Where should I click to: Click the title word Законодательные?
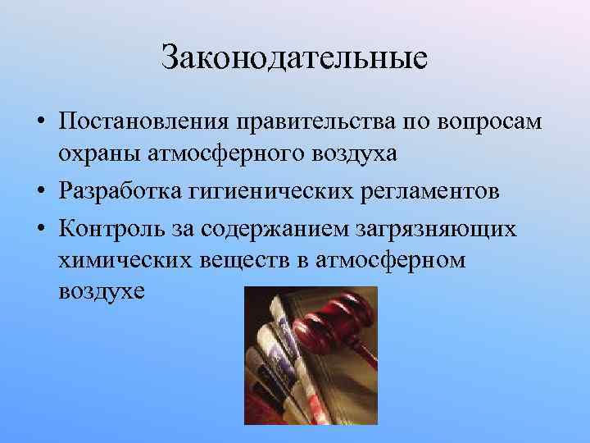click(x=294, y=58)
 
